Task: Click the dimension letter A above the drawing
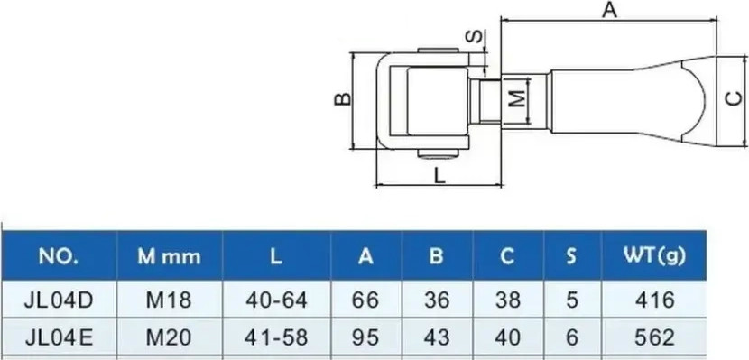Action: pos(609,10)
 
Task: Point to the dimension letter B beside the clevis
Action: pos(343,99)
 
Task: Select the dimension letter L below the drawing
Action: pos(439,176)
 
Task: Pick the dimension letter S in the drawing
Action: pos(476,37)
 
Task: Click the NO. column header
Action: pos(59,257)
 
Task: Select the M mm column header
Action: pos(169,257)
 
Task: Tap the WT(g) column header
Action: pos(654,256)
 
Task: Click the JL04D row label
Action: pos(59,300)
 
